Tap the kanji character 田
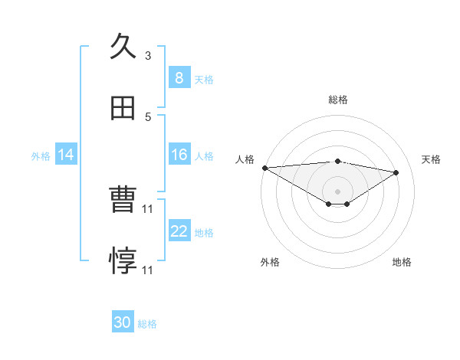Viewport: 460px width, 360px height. tap(123, 109)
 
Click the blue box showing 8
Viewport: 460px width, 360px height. tap(179, 78)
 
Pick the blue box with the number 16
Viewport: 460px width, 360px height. tap(179, 155)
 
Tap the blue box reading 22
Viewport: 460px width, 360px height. tap(179, 231)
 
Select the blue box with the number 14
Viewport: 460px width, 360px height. tap(66, 155)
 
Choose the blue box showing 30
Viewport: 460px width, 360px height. tap(123, 322)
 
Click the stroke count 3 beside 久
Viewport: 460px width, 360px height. tap(148, 56)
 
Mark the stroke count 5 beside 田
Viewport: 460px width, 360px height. tap(148, 117)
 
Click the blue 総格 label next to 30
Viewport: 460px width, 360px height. tap(147, 324)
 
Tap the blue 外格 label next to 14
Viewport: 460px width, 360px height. tap(41, 155)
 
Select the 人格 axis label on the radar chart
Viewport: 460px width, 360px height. tap(245, 159)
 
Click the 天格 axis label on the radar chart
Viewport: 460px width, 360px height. tap(431, 159)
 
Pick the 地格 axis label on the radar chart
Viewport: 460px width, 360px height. tap(402, 262)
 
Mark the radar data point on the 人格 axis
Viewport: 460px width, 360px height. tap(264, 168)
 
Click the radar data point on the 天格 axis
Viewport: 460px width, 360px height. tap(396, 172)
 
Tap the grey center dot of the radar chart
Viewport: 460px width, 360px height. tap(338, 191)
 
